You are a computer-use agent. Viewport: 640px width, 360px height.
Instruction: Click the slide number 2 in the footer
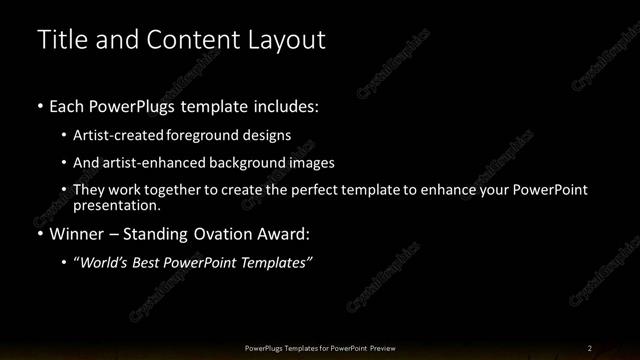590,348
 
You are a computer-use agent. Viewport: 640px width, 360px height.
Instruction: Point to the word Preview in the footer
383,348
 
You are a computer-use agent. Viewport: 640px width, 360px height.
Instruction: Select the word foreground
220,135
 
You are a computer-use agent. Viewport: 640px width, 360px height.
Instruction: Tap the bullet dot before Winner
39,236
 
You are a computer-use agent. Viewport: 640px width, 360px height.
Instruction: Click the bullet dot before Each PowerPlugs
39,106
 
